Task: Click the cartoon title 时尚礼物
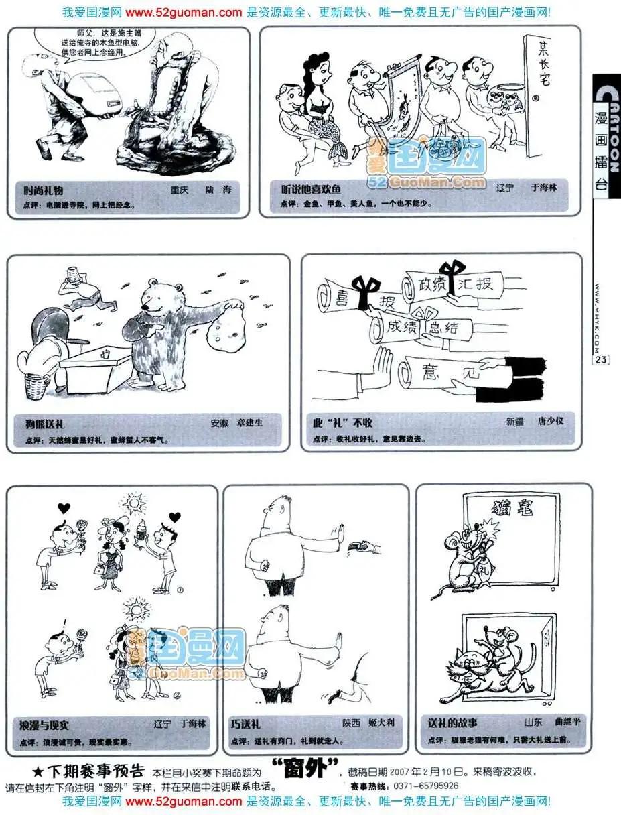tap(44, 190)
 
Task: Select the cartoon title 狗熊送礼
tap(40, 424)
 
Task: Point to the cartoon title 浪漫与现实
tap(45, 725)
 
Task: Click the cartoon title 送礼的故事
tap(453, 723)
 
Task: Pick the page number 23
tap(600, 360)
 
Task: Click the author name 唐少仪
tap(551, 422)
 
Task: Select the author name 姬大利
tap(381, 723)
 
